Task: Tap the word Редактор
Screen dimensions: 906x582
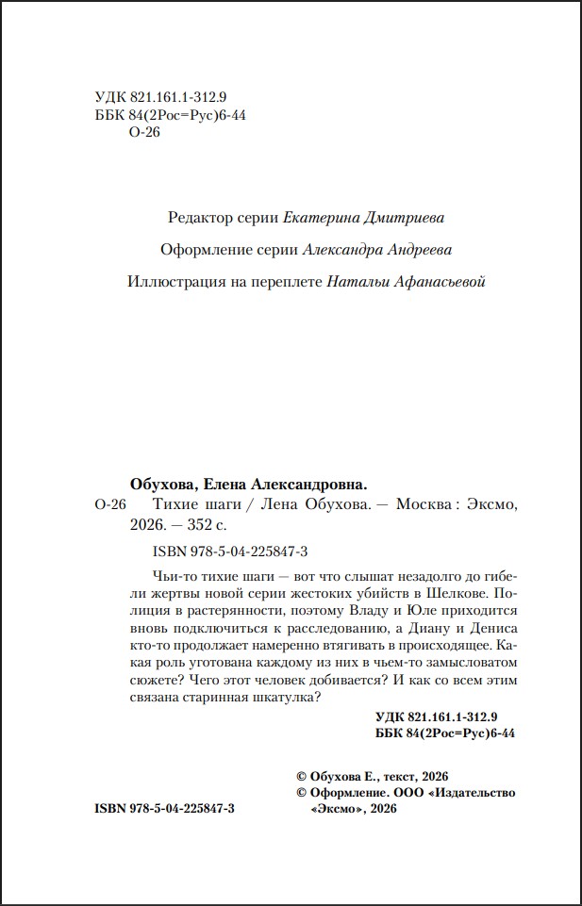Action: click(x=199, y=218)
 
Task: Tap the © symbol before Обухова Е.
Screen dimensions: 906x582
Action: click(x=302, y=775)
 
